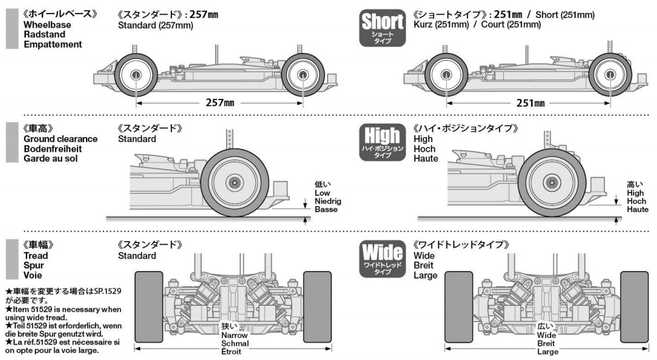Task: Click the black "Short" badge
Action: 382,28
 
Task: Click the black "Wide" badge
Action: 382,258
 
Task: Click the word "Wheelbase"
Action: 47,25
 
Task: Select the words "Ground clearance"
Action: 60,139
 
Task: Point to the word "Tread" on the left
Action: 36,255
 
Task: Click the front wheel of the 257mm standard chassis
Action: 136,75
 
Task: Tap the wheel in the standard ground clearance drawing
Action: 235,183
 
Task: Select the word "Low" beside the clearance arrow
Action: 322,193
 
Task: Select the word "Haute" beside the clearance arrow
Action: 637,209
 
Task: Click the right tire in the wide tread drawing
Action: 634,306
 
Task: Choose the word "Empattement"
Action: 53,45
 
